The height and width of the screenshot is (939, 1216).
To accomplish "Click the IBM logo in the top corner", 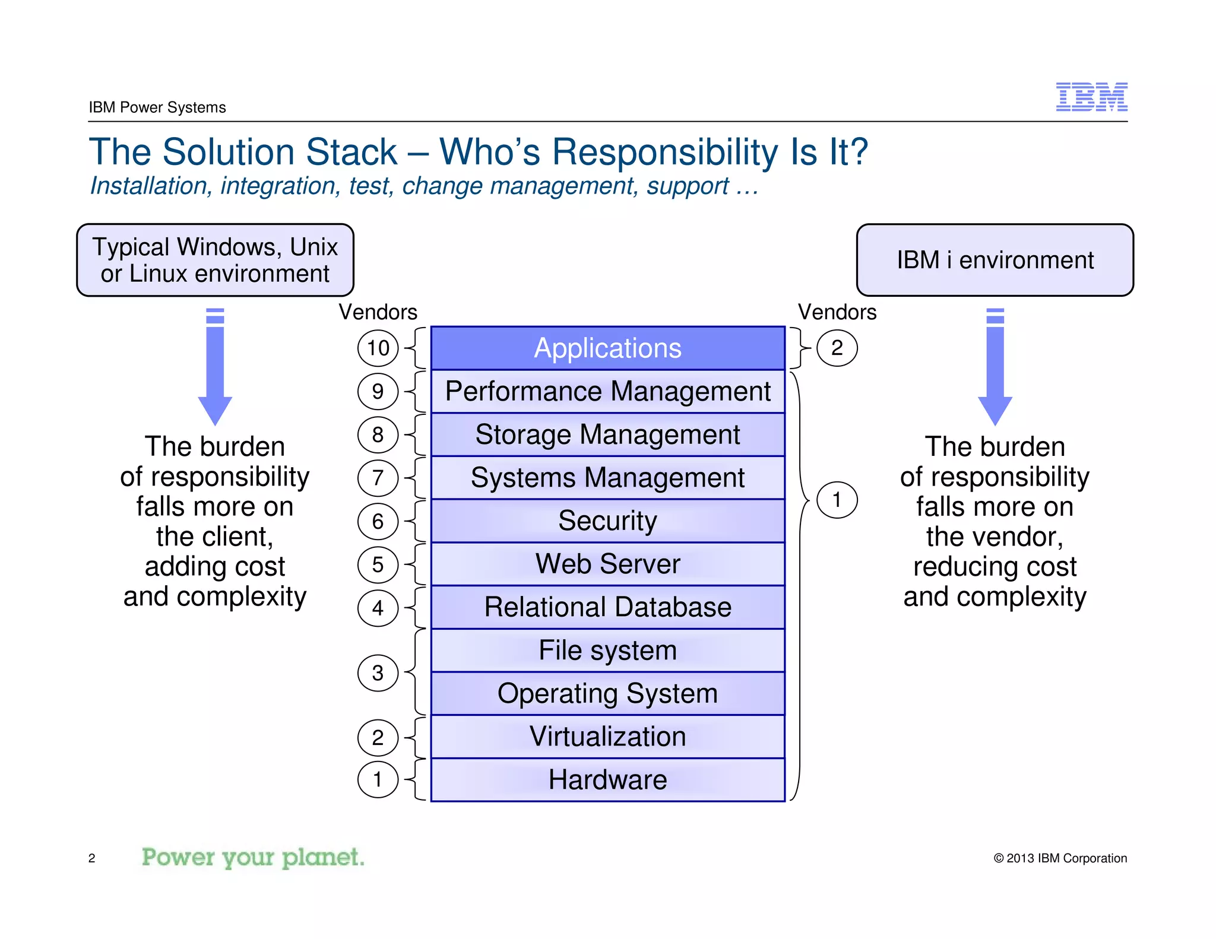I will tap(1091, 97).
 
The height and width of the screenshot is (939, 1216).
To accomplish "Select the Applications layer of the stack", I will tap(607, 348).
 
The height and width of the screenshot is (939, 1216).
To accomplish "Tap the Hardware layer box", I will tap(607, 780).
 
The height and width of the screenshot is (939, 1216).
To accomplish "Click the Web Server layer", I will tap(607, 564).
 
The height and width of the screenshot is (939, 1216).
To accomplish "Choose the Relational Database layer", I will tap(607, 607).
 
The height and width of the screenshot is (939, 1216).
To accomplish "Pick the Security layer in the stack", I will tap(607, 521).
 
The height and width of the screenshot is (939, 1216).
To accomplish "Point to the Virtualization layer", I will tap(607, 737).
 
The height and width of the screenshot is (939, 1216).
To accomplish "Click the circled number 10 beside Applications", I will tap(378, 348).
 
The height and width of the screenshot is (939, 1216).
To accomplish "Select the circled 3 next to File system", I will tap(378, 672).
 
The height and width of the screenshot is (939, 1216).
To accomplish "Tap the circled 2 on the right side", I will tap(837, 348).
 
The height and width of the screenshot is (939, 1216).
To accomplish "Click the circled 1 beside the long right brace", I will tap(837, 500).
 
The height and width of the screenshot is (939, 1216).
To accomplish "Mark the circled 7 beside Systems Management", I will tap(378, 478).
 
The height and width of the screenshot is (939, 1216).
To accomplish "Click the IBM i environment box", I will tap(995, 260).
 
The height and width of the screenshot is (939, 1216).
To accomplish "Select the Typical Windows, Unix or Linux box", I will tap(215, 260).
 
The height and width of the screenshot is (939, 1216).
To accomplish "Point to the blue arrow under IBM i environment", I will tap(995, 368).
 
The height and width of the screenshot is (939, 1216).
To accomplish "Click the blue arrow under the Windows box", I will tap(215, 368).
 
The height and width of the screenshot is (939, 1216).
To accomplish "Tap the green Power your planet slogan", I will tap(253, 858).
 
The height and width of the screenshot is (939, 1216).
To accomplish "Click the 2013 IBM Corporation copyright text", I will tap(1060, 858).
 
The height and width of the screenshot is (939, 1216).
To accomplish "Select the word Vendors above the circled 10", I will tap(378, 312).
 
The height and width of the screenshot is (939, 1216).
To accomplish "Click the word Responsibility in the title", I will tap(665, 152).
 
